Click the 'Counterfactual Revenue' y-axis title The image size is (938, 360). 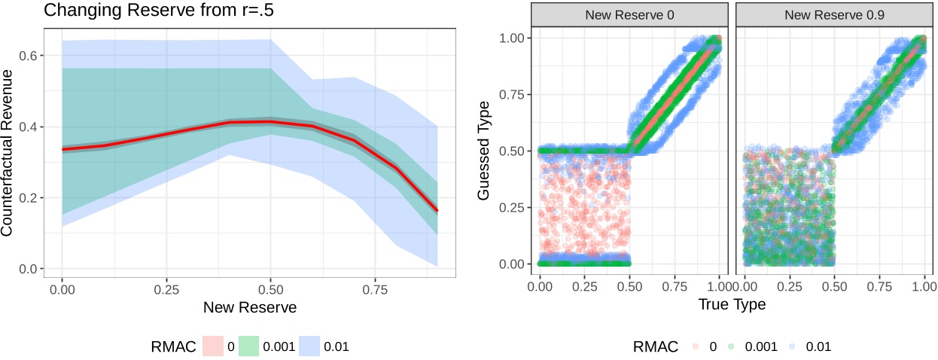(x=8, y=153)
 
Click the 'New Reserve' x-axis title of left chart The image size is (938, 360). (x=249, y=307)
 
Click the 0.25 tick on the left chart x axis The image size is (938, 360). (x=166, y=288)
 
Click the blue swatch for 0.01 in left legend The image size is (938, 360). (x=309, y=346)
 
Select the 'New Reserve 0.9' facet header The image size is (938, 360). (x=834, y=14)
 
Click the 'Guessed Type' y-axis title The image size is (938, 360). (x=486, y=151)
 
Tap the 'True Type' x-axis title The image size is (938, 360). (x=732, y=305)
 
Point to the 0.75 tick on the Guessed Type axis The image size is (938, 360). (x=516, y=95)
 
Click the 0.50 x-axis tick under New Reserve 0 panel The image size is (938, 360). (x=629, y=288)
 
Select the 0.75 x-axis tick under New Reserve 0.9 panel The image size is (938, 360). (x=879, y=288)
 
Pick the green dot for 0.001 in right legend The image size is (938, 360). (x=732, y=346)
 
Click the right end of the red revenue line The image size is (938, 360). (x=436, y=211)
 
